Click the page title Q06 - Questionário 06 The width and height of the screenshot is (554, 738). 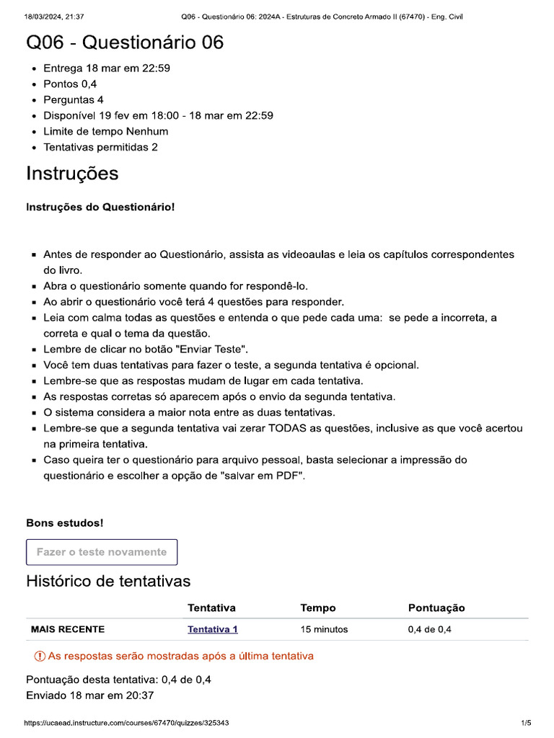point(125,43)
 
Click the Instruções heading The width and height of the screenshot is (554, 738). point(72,174)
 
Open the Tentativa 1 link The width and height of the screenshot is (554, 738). point(212,629)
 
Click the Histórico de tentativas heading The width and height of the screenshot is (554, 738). point(108,581)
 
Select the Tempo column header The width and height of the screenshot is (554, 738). point(317,608)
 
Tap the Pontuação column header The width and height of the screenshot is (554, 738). point(436,608)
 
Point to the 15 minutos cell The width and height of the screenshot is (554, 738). point(324,629)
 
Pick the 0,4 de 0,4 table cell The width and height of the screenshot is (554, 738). point(429,629)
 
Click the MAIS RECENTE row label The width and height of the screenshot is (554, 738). point(67,629)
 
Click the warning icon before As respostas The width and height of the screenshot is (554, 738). point(39,657)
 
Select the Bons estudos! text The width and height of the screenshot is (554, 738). point(64,523)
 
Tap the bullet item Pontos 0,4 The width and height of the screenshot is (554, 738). point(70,84)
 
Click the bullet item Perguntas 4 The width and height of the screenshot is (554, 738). point(73,100)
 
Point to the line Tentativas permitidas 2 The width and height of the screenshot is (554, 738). point(100,147)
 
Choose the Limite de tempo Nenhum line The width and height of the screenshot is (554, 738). point(105,131)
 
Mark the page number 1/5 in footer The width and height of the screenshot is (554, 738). point(525,723)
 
